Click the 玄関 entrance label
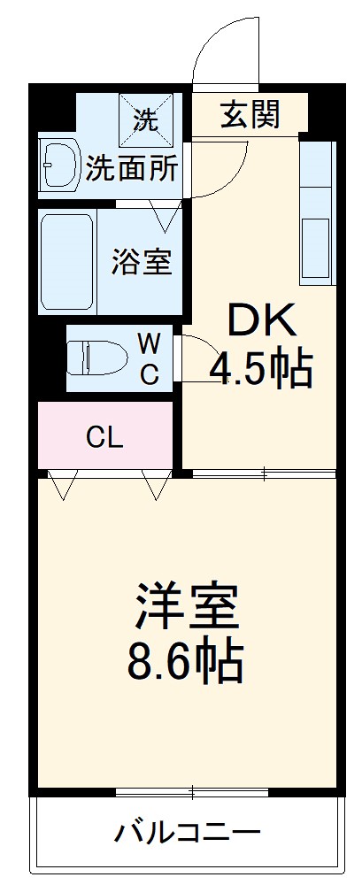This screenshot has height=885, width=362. (250, 115)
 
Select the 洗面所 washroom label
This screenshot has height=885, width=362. (133, 168)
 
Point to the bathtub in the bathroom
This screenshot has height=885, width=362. (66, 261)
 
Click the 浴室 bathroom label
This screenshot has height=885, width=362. (141, 262)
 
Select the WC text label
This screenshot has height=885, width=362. (149, 358)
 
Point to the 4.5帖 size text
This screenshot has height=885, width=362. (260, 368)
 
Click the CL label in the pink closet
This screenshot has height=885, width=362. (104, 436)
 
